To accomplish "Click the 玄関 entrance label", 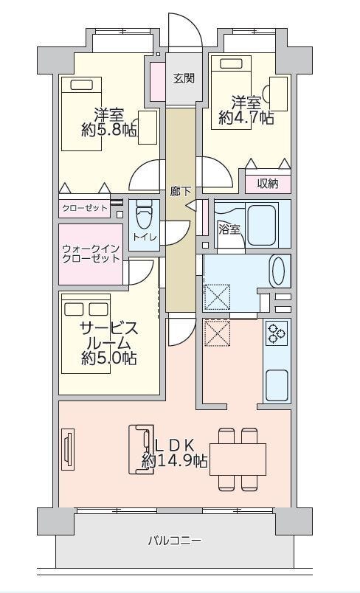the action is coord(184,79).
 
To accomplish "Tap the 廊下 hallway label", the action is coord(180,192).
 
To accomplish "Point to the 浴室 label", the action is coord(230,229).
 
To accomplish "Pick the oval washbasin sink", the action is coord(279,271).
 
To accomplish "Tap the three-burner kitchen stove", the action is coord(277,333).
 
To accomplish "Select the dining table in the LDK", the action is coord(238,459).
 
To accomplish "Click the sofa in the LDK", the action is coord(141,449).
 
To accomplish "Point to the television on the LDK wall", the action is coord(68,449).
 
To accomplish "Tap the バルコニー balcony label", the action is coord(174,541).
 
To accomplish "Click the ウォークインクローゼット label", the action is coord(91,254).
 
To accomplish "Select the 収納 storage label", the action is coord(268,184).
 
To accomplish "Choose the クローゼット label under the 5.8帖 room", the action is coord(85,208).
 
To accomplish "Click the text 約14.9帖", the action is coord(174,460).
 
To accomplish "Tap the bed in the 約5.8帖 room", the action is coord(82,114).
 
